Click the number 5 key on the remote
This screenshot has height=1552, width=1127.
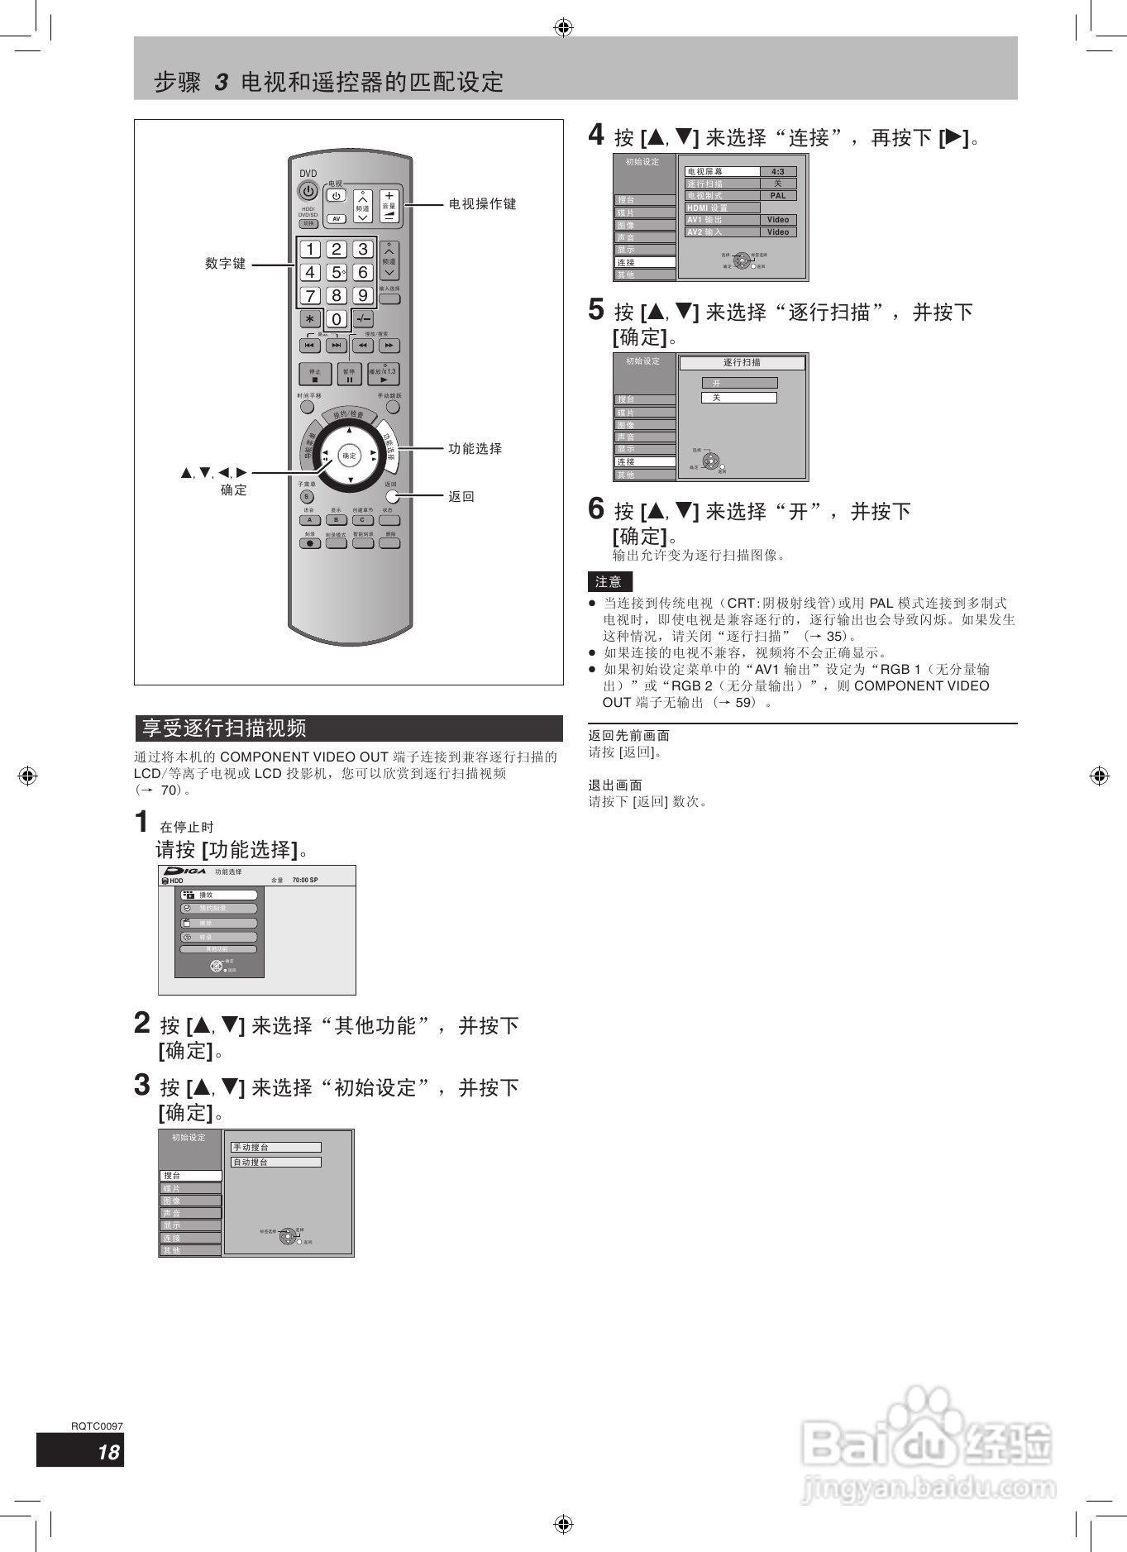(x=336, y=272)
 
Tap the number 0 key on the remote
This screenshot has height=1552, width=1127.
(x=337, y=319)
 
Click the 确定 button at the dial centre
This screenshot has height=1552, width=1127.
(x=350, y=456)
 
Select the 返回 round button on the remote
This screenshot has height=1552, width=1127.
(x=392, y=497)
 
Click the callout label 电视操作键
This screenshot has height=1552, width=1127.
(x=482, y=204)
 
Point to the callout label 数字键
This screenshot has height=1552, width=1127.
(x=226, y=264)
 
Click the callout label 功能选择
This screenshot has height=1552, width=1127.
(x=475, y=449)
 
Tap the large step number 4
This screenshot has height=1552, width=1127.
(x=596, y=135)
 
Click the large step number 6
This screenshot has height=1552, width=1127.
(x=596, y=509)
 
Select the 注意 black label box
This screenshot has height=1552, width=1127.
(x=609, y=581)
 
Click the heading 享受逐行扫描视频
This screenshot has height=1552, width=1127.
(x=224, y=728)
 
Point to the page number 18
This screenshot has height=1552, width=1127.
(x=108, y=1453)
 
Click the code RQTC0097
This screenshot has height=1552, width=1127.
(x=97, y=1425)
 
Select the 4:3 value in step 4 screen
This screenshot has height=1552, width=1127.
(x=777, y=172)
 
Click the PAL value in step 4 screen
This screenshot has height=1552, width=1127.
(x=777, y=196)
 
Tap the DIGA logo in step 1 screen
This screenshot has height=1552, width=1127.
(x=185, y=872)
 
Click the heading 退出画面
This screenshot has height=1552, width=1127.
(x=614, y=786)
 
